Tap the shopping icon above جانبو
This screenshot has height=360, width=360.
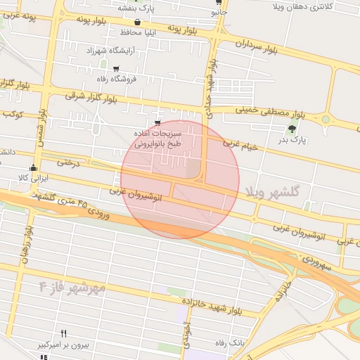tap(219, 2)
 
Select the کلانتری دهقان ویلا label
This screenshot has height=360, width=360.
tap(314, 6)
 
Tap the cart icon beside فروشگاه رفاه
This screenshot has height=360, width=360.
tap(116, 69)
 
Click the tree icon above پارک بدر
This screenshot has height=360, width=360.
tap(292, 128)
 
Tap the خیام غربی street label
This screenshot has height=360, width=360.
tap(241, 144)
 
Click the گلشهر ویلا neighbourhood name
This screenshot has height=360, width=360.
tap(274, 191)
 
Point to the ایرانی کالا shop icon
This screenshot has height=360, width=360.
tap(33, 167)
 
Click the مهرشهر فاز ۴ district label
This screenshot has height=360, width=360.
tap(72, 288)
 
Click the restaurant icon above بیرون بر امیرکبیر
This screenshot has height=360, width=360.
tap(64, 333)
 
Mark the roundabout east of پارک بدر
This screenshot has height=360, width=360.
tap(326, 120)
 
